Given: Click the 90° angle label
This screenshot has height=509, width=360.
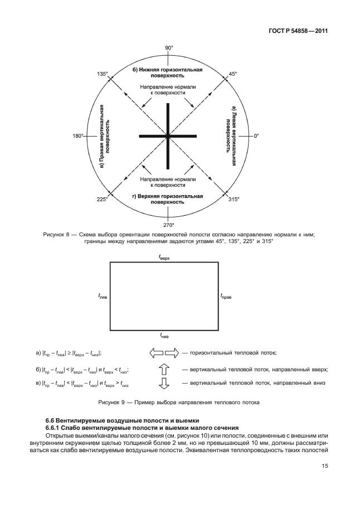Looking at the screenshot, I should click(x=169, y=49).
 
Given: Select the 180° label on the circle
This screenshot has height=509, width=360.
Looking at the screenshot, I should click(x=78, y=135).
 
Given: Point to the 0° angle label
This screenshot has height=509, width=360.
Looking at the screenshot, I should click(x=257, y=135).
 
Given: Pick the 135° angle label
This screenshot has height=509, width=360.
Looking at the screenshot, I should click(x=101, y=74).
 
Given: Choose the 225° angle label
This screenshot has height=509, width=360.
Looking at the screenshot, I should click(x=101, y=198).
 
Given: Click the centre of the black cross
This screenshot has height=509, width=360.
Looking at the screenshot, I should click(x=168, y=135).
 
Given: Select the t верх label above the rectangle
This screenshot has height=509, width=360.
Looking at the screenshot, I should click(x=164, y=258).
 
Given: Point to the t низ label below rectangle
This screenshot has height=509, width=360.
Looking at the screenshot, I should click(x=164, y=336).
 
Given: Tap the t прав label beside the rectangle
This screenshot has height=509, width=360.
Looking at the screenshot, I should click(x=226, y=297).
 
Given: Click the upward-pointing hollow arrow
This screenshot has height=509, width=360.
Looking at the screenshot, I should click(x=164, y=369).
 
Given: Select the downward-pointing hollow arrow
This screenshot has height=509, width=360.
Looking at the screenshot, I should click(x=164, y=384).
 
